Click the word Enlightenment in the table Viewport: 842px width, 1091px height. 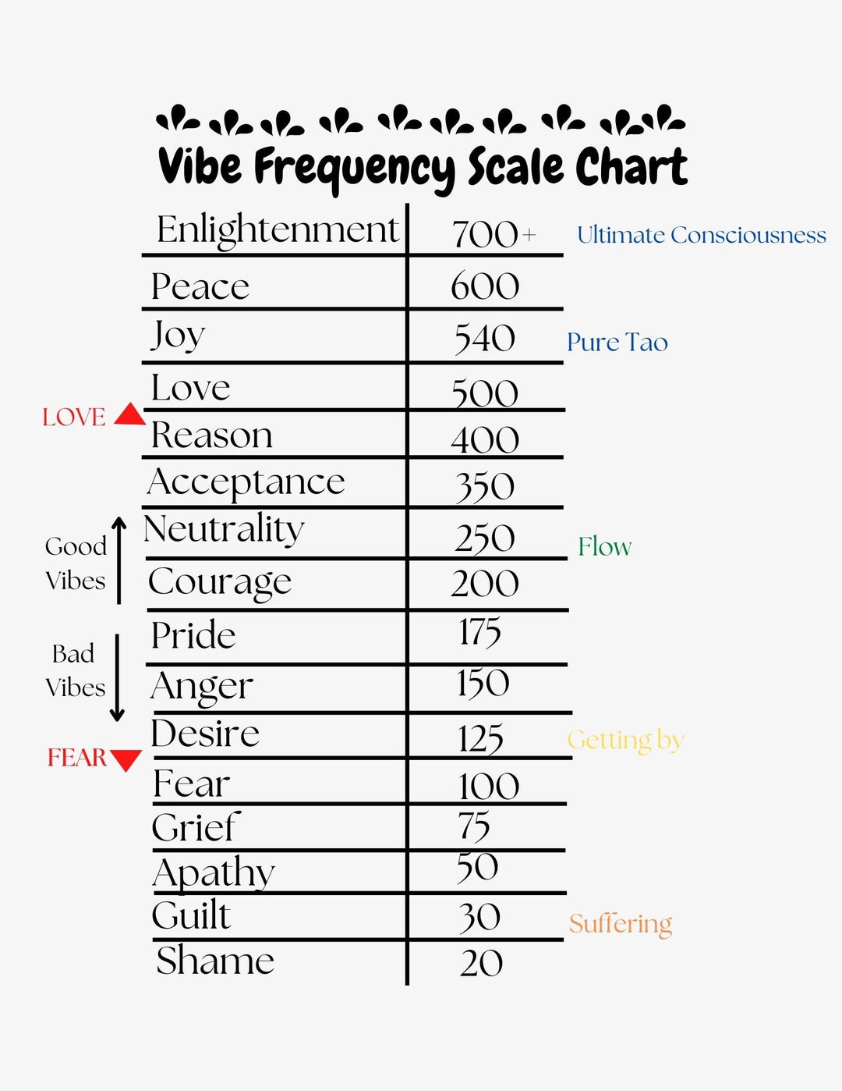[278, 230]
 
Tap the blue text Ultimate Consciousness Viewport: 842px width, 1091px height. [701, 235]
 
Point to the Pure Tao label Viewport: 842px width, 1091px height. [617, 343]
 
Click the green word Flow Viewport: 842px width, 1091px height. [604, 546]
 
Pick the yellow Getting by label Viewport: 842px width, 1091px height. [625, 740]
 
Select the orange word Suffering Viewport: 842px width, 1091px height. [621, 924]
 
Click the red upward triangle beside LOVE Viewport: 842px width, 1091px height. [129, 414]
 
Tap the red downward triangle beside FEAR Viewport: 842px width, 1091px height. [126, 759]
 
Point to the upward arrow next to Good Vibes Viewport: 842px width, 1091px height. [119, 560]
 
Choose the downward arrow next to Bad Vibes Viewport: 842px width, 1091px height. [117, 677]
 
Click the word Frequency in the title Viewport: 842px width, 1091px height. [355, 168]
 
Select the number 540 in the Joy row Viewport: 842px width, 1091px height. [485, 339]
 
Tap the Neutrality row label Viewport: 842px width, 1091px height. [224, 529]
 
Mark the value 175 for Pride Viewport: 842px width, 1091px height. [479, 632]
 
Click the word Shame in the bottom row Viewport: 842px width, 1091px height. [215, 961]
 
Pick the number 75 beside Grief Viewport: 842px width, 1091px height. [474, 826]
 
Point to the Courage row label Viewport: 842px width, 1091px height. [220, 582]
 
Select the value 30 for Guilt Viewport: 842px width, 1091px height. [479, 917]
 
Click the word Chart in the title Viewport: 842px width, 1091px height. [631, 166]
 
